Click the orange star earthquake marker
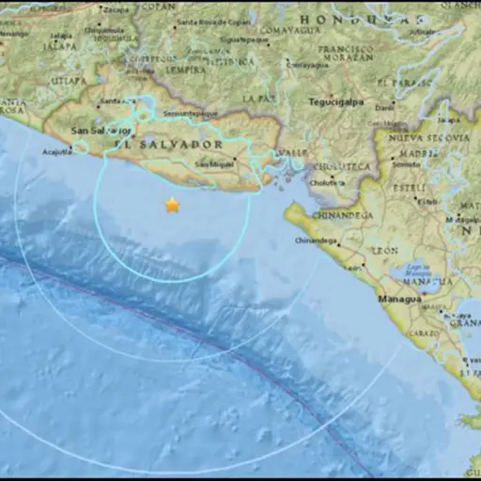tap(172, 205)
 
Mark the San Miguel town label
tap(213, 164)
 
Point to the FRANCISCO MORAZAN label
tap(345, 53)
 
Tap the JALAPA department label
tap(60, 43)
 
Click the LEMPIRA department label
tap(185, 70)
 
